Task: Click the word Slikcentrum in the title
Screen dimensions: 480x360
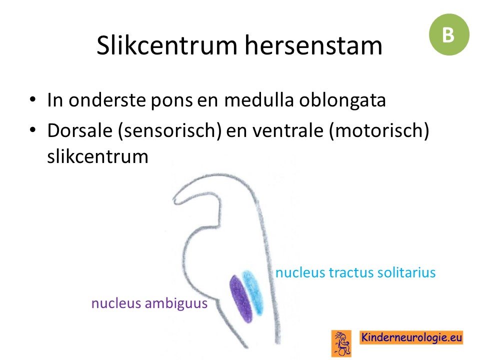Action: coord(167,45)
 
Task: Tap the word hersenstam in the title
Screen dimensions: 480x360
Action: coord(313,45)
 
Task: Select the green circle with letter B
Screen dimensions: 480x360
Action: coord(449,34)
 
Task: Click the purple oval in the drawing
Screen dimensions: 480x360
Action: coord(241,299)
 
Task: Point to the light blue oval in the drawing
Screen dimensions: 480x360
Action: coord(252,292)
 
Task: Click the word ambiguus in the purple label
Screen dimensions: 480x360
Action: coord(176,304)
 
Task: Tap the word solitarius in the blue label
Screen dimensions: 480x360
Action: coord(406,272)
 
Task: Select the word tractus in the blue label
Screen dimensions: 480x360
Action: coord(351,272)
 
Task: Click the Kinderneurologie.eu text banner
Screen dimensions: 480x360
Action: coord(411,337)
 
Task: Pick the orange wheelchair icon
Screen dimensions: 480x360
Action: coord(341,343)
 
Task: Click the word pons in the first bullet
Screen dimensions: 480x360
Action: coord(171,101)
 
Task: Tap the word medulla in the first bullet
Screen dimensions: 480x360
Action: coord(258,100)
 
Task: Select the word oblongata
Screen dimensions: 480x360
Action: coord(342,101)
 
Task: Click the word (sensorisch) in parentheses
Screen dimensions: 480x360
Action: coord(169,130)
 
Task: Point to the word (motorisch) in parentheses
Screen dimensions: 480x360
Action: coord(379,130)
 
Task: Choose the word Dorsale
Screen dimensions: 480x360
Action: coord(80,130)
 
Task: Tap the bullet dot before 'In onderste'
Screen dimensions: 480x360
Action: coord(33,100)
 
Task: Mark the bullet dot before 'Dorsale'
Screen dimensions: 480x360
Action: coord(33,130)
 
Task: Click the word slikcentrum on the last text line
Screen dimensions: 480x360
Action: coord(97,156)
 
